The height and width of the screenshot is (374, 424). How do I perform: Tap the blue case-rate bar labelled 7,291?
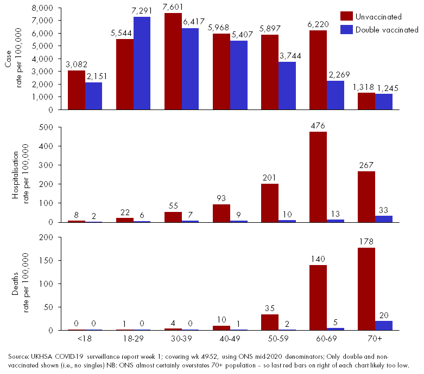(142, 63)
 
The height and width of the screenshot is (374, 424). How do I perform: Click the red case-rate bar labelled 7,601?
(173, 61)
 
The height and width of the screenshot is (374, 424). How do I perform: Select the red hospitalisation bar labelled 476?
(318, 177)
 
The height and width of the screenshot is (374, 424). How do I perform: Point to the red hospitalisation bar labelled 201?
(270, 203)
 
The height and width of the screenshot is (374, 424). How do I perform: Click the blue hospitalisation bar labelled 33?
(384, 218)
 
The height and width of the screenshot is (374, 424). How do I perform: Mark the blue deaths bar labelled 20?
(384, 325)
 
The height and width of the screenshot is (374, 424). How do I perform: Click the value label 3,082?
(77, 66)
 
